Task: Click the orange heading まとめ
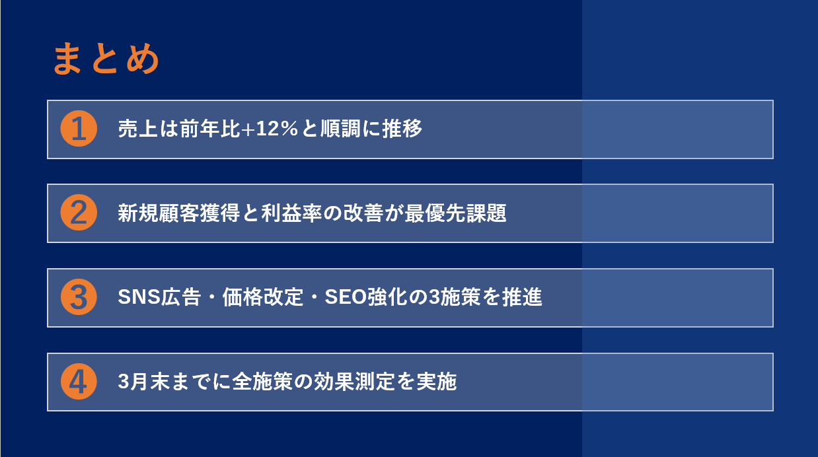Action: point(106,58)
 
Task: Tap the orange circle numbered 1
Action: point(79,129)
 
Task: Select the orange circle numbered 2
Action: point(79,213)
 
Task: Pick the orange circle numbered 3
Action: point(79,297)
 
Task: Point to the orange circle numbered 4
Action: point(79,382)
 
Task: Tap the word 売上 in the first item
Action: point(137,129)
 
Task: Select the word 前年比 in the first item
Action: point(209,129)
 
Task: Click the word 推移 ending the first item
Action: point(402,129)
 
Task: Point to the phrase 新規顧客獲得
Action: point(178,213)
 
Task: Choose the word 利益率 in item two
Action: point(291,213)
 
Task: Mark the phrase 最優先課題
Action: point(455,213)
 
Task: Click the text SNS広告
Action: point(159,297)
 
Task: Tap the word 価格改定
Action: point(263,297)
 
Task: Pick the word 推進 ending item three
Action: point(522,297)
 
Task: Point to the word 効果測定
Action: point(354,382)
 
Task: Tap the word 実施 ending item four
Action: point(437,382)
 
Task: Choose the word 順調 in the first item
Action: point(341,129)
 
